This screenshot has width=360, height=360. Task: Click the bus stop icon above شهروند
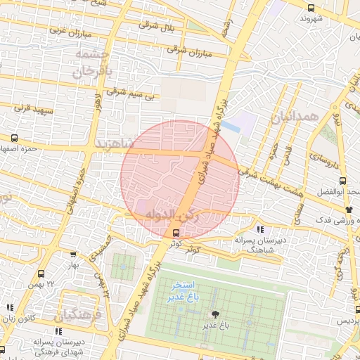click(311, 7)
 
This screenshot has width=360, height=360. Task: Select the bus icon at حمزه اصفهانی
click(15, 138)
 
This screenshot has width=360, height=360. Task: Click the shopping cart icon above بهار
click(74, 255)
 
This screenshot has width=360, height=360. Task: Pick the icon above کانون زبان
click(10, 307)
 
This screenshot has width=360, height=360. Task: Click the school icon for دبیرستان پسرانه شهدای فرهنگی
click(59, 330)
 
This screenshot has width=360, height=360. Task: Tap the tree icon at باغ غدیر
click(214, 314)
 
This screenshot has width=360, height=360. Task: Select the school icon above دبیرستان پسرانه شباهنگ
click(260, 229)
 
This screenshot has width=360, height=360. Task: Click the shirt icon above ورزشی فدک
click(348, 210)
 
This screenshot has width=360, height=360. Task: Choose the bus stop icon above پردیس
click(357, 309)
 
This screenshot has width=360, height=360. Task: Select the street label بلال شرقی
click(158, 27)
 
